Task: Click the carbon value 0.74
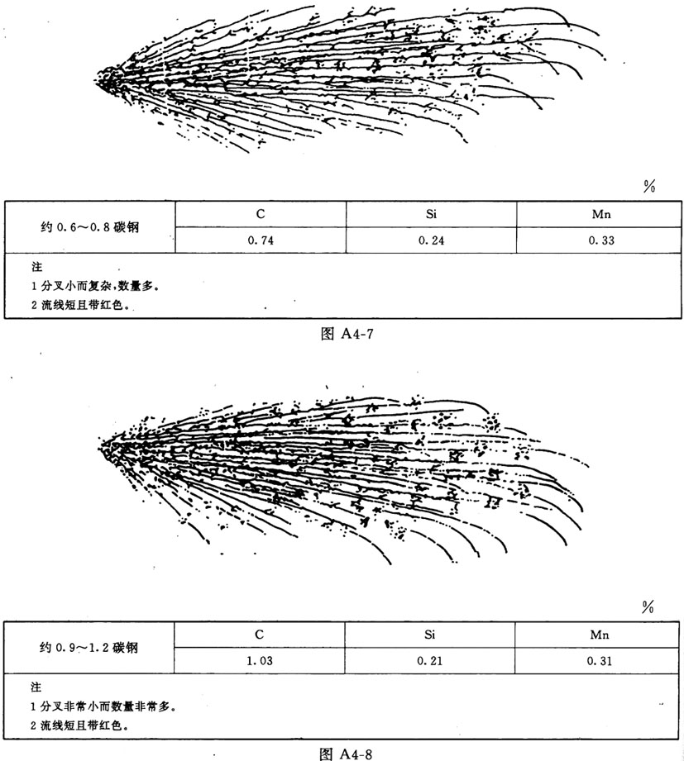(260, 240)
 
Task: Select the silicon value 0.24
(431, 240)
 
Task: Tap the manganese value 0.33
(600, 240)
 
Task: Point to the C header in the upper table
(260, 213)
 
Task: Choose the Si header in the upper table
(431, 213)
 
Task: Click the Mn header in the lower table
(600, 633)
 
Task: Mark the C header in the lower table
(260, 633)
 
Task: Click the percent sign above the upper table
(648, 187)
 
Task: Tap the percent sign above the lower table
(648, 607)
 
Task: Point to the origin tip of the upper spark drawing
(99, 78)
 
